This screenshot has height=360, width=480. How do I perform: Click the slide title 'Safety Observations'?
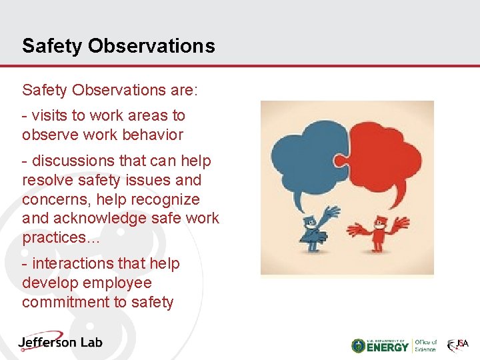[x=118, y=45]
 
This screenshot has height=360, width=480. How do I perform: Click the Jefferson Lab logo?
[x=60, y=342]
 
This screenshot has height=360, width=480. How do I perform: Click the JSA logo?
[x=458, y=345]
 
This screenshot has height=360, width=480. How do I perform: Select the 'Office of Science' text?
[x=425, y=345]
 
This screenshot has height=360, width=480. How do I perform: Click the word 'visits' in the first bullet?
[x=49, y=115]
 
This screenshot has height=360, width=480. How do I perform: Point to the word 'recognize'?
[x=167, y=199]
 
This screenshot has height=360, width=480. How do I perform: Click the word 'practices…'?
[x=61, y=238]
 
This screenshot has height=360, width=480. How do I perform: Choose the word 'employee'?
[x=117, y=283]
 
